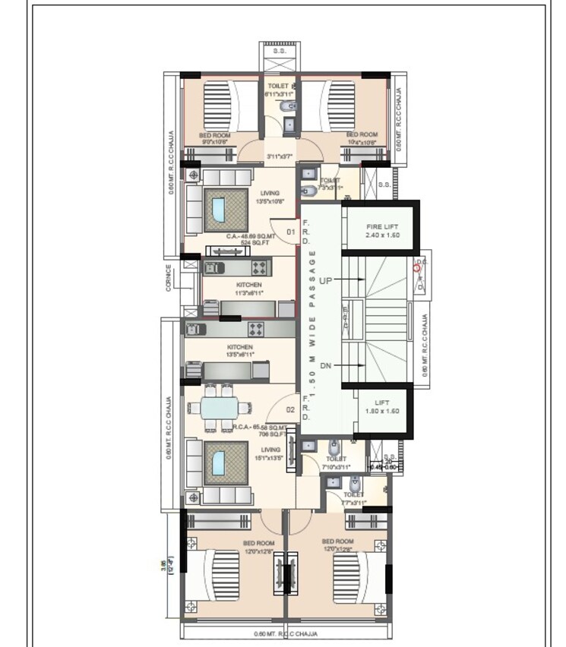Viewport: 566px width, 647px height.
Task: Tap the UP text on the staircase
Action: pos(326,280)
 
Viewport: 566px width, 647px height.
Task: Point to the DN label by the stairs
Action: pos(326,366)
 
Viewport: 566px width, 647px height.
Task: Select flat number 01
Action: pos(290,232)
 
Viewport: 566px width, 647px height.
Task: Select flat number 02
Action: pos(290,410)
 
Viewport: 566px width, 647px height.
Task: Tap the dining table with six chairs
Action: pos(223,409)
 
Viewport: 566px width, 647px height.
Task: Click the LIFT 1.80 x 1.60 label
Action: pos(381,406)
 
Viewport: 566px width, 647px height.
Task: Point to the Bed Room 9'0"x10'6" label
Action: pos(214,138)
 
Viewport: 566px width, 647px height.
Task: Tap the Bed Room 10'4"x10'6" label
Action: pos(361,138)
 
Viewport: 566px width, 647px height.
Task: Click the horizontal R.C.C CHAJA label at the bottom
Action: pos(285,633)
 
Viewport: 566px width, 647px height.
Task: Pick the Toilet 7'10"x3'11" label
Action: pos(336,463)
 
